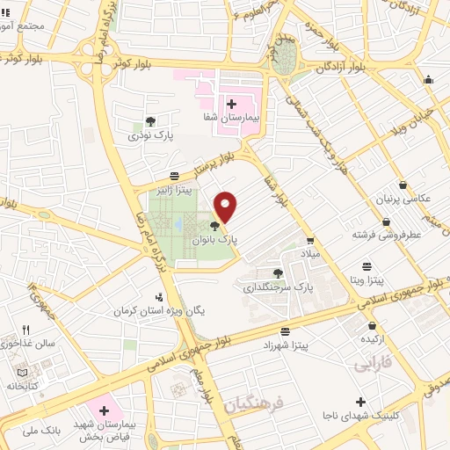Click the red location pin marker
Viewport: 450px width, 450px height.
point(226,206)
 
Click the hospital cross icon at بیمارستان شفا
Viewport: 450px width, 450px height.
point(231,104)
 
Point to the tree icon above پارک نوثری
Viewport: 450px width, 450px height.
point(151,122)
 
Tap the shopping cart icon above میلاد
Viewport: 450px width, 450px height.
point(310,240)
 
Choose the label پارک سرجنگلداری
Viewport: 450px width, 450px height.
point(279,287)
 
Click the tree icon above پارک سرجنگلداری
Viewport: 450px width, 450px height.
point(279,273)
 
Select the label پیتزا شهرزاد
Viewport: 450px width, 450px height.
point(286,345)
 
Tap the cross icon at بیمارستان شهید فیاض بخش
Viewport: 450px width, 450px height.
point(105,410)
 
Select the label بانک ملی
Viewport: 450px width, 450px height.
point(43,430)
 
